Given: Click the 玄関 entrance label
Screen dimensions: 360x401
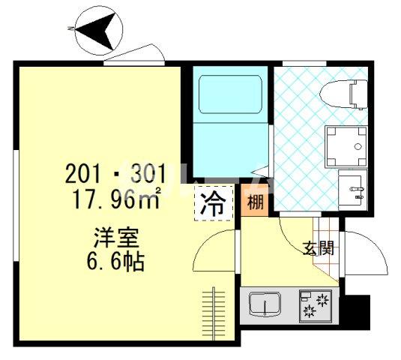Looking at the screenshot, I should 317,247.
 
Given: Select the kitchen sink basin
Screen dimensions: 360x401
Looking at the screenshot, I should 265,305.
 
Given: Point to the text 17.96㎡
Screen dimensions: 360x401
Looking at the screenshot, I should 113,200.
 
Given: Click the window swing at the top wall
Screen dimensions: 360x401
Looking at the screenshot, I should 135,55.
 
